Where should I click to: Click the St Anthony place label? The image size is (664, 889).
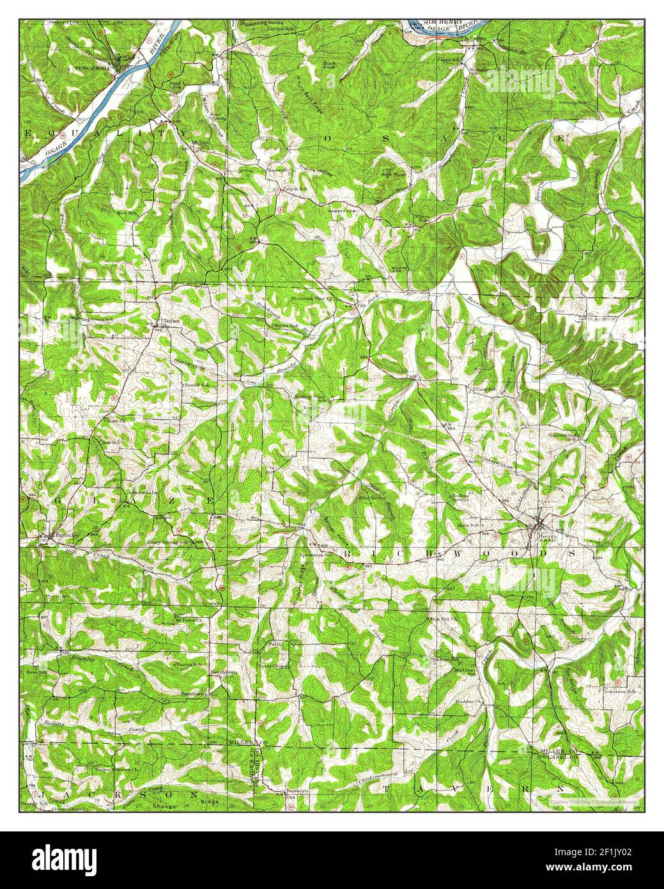[x=602, y=318]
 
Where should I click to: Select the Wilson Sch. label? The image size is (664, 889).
[x=422, y=217]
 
